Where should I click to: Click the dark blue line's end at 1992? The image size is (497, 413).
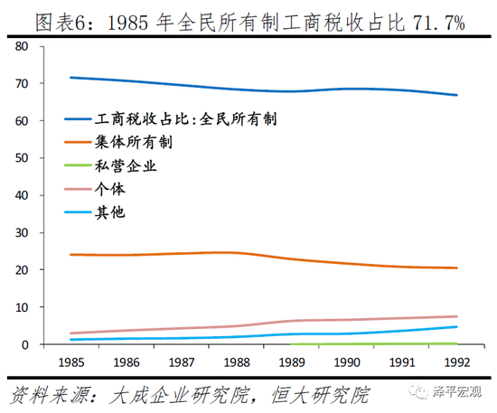(457, 95)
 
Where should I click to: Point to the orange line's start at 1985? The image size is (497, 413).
(70, 255)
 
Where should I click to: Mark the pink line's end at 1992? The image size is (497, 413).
(457, 316)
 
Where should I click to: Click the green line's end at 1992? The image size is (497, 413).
(457, 343)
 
